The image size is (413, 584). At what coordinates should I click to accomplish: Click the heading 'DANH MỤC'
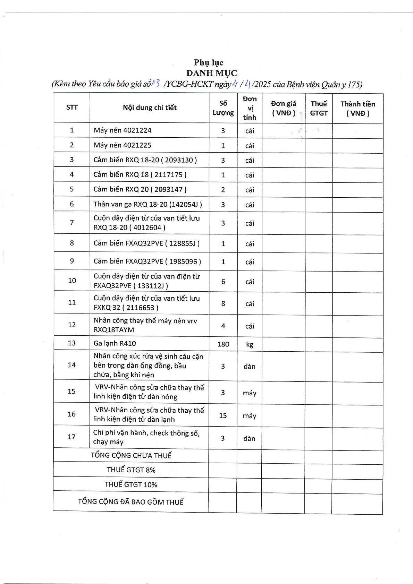click(212, 73)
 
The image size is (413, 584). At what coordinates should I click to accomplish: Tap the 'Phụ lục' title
click(209, 62)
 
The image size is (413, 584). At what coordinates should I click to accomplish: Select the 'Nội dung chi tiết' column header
click(150, 108)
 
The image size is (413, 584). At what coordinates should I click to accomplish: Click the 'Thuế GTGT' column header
click(319, 108)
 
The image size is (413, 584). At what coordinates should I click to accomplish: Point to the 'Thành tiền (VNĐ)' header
click(357, 109)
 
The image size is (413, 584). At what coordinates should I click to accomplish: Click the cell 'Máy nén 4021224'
click(123, 130)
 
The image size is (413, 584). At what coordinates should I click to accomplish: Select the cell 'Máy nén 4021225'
click(123, 145)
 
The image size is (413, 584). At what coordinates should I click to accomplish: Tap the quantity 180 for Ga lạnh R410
click(223, 344)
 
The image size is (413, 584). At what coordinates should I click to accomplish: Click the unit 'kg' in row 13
click(249, 344)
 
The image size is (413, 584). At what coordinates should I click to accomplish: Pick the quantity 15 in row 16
click(223, 415)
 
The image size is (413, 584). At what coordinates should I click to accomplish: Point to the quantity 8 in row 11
click(223, 303)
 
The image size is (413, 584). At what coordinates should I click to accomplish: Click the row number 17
click(71, 437)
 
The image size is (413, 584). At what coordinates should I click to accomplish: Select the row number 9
click(72, 261)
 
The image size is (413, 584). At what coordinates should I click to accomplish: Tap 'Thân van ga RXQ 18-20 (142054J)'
click(147, 204)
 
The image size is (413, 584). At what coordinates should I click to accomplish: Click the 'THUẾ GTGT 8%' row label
click(131, 470)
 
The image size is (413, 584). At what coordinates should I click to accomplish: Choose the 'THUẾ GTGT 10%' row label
click(131, 484)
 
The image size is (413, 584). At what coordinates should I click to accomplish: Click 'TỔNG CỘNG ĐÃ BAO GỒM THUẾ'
click(130, 502)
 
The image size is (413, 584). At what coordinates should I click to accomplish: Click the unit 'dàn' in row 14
click(249, 367)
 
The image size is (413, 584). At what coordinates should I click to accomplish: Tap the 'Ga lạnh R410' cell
click(115, 343)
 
